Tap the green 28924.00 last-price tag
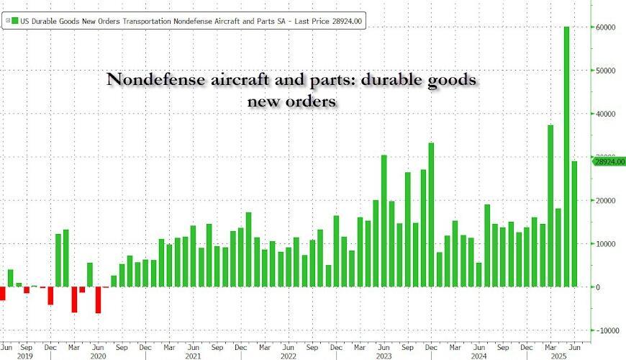609,162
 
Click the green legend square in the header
9,22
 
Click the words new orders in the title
291,102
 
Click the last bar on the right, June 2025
575,224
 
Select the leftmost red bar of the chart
3,294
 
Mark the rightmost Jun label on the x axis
575,346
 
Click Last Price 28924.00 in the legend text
328,22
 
